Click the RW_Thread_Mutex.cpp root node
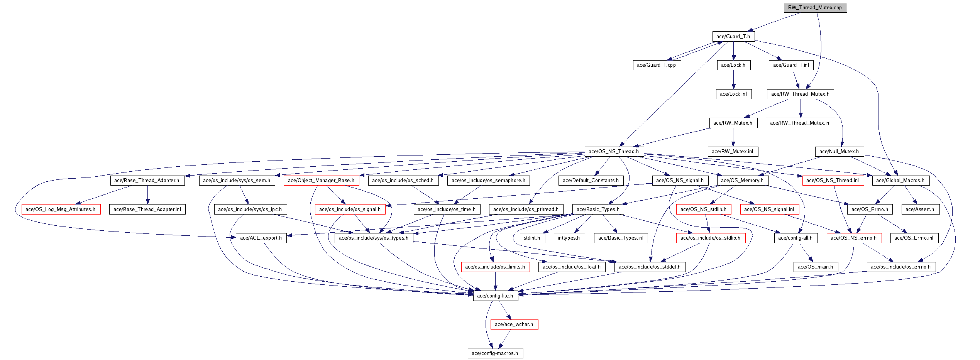click(x=815, y=8)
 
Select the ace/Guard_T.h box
click(x=733, y=37)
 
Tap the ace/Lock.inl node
click(x=733, y=94)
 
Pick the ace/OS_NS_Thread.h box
click(x=614, y=152)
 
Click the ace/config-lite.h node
click(x=495, y=296)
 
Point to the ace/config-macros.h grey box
click(x=495, y=353)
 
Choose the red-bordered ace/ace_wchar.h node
click(x=514, y=325)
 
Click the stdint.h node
click(x=532, y=238)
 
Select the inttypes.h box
click(x=569, y=238)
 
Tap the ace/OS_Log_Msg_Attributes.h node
click(x=61, y=210)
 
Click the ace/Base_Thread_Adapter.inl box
click(x=147, y=210)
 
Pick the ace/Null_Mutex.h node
click(x=839, y=152)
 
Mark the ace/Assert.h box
click(x=920, y=210)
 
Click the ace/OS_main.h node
click(x=815, y=267)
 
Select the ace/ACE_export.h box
click(x=261, y=238)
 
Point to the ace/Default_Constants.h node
click(x=591, y=181)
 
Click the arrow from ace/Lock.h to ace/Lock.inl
click(x=733, y=80)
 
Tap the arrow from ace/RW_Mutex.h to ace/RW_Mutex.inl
click(x=733, y=137)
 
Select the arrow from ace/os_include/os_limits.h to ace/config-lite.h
click(x=495, y=281)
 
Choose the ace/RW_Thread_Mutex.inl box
click(x=800, y=123)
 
